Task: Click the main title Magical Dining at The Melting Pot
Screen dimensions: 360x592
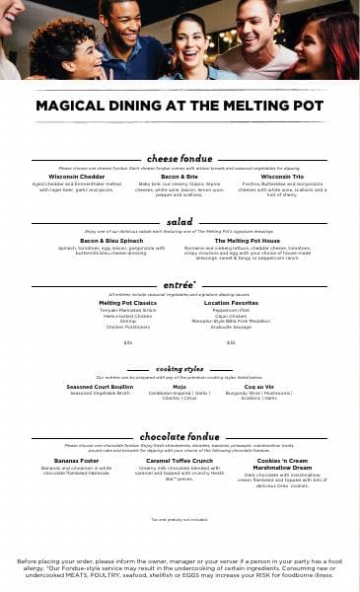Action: point(180,107)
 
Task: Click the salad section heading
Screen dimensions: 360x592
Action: point(180,222)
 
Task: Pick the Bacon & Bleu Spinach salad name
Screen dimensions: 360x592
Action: point(111,240)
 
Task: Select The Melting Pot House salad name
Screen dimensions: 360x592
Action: point(247,240)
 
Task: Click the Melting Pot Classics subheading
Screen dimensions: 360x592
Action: point(128,303)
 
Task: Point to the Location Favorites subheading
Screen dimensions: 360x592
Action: point(231,303)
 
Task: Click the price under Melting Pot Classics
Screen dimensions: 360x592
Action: point(128,342)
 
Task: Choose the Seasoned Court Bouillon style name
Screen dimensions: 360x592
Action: point(96,386)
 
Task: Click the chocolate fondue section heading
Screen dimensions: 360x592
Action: point(180,436)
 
